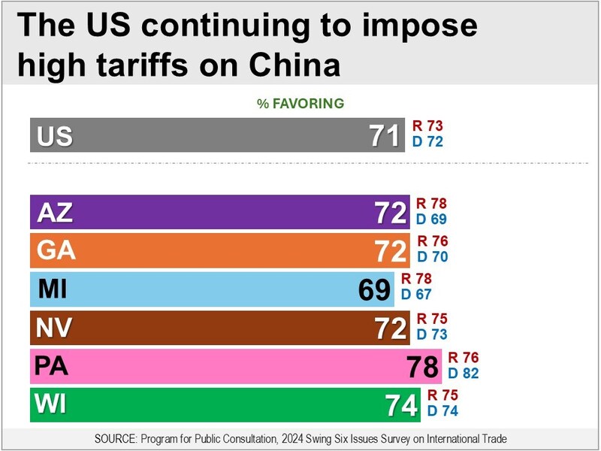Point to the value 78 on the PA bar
(422, 367)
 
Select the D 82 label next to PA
(463, 372)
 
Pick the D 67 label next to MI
(416, 295)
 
